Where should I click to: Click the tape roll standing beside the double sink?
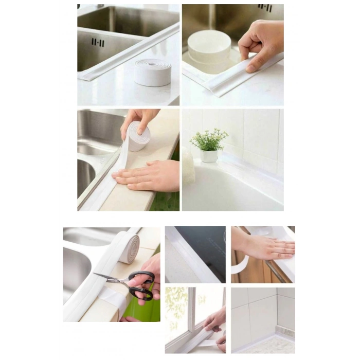[153, 72]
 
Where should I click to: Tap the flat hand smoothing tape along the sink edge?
[149, 176]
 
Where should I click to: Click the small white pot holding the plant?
[209, 156]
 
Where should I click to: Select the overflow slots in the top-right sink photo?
[265, 8]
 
